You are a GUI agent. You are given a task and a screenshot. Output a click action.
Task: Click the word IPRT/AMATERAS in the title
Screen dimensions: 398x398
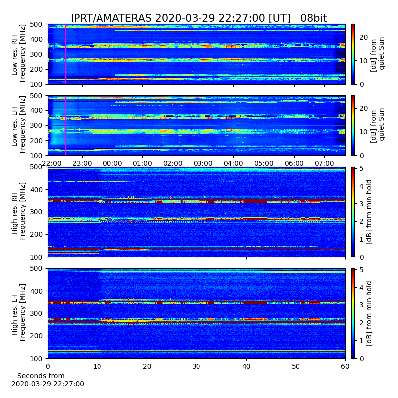111,18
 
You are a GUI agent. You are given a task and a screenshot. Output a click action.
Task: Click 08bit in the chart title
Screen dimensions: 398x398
314,18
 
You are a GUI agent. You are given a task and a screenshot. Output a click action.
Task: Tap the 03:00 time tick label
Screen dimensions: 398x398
203,163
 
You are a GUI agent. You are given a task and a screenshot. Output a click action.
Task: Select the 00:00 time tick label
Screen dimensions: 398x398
112,163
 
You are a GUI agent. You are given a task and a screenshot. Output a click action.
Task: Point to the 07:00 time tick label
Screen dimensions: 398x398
324,163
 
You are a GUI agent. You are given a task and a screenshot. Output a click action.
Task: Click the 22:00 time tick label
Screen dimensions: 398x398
52,163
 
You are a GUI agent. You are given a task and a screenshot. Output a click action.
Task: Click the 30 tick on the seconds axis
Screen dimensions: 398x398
197,366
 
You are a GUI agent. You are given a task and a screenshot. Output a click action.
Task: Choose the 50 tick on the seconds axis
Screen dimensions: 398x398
296,366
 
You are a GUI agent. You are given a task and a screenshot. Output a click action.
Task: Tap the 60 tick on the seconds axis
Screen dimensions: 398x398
345,366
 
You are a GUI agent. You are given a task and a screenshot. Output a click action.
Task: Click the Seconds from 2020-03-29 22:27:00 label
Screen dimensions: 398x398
48,380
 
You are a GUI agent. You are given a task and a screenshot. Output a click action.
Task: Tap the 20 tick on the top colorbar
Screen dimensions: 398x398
364,37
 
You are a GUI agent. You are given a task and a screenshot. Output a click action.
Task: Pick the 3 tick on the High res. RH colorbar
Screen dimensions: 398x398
362,204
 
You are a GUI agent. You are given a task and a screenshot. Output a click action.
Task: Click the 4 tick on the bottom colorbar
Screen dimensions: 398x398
362,288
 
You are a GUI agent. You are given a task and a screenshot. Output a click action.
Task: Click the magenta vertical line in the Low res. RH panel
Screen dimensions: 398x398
66,54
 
